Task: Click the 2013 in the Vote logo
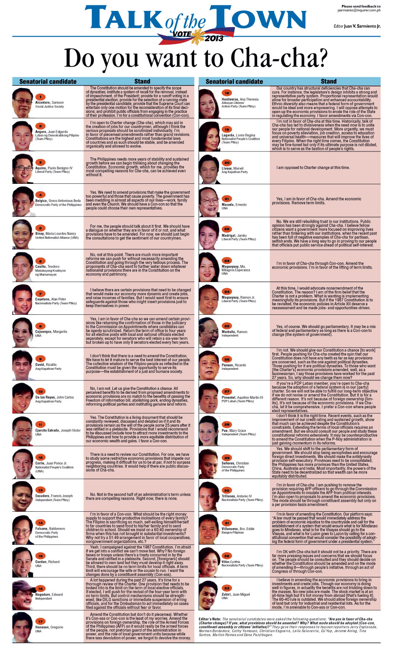coord(214,38)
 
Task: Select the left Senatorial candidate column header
coord(48,81)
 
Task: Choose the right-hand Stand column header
coord(328,81)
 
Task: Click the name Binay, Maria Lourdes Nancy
coord(55,234)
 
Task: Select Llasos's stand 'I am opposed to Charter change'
coord(313,168)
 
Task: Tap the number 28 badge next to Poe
coord(227,424)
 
